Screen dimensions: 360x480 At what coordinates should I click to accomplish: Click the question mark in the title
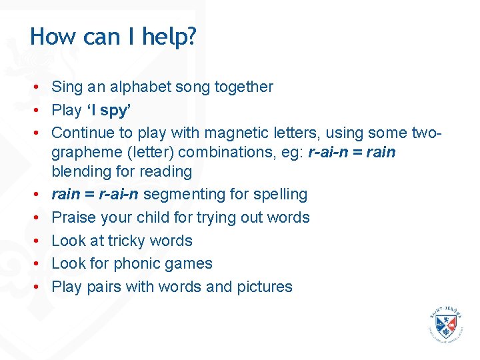[191, 37]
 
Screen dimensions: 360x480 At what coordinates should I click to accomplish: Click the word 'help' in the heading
[160, 37]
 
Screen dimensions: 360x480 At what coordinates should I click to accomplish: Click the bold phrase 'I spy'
[108, 110]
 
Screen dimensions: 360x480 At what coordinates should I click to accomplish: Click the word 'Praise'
[73, 217]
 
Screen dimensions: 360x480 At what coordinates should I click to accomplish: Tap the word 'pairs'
[103, 287]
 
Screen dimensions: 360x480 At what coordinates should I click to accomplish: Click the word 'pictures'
[264, 287]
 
